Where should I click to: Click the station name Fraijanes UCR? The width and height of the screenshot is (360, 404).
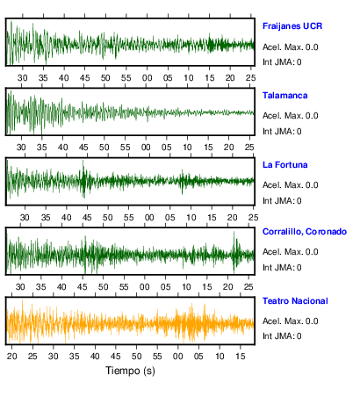tap(292, 26)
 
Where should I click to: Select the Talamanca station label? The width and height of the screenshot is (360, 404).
tap(284, 96)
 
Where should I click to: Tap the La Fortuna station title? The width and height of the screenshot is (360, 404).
tap(284, 165)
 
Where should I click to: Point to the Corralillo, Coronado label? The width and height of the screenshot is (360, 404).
tap(305, 232)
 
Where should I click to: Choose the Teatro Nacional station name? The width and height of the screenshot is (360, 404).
tap(295, 301)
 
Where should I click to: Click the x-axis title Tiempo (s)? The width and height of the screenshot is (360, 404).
tap(130, 371)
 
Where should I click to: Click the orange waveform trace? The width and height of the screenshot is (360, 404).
tap(130, 322)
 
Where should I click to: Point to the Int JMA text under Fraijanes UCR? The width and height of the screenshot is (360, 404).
tap(282, 62)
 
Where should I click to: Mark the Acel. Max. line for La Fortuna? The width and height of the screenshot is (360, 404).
tap(290, 185)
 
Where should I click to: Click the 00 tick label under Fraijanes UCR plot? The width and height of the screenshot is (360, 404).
tap(147, 78)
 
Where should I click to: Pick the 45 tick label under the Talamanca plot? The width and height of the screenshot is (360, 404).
tap(83, 147)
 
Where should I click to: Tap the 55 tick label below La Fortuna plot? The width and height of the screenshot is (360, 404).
tap(128, 218)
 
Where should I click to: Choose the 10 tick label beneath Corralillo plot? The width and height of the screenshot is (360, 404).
tap(186, 286)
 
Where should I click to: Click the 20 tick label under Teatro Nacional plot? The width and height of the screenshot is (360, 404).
tap(11, 356)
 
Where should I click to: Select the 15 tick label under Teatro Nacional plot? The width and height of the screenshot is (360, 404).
tap(241, 356)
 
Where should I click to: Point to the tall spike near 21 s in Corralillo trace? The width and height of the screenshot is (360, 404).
tap(234, 252)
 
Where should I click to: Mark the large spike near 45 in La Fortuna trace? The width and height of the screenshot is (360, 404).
tap(83, 179)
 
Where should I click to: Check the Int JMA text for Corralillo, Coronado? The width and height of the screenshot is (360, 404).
tap(282, 267)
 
